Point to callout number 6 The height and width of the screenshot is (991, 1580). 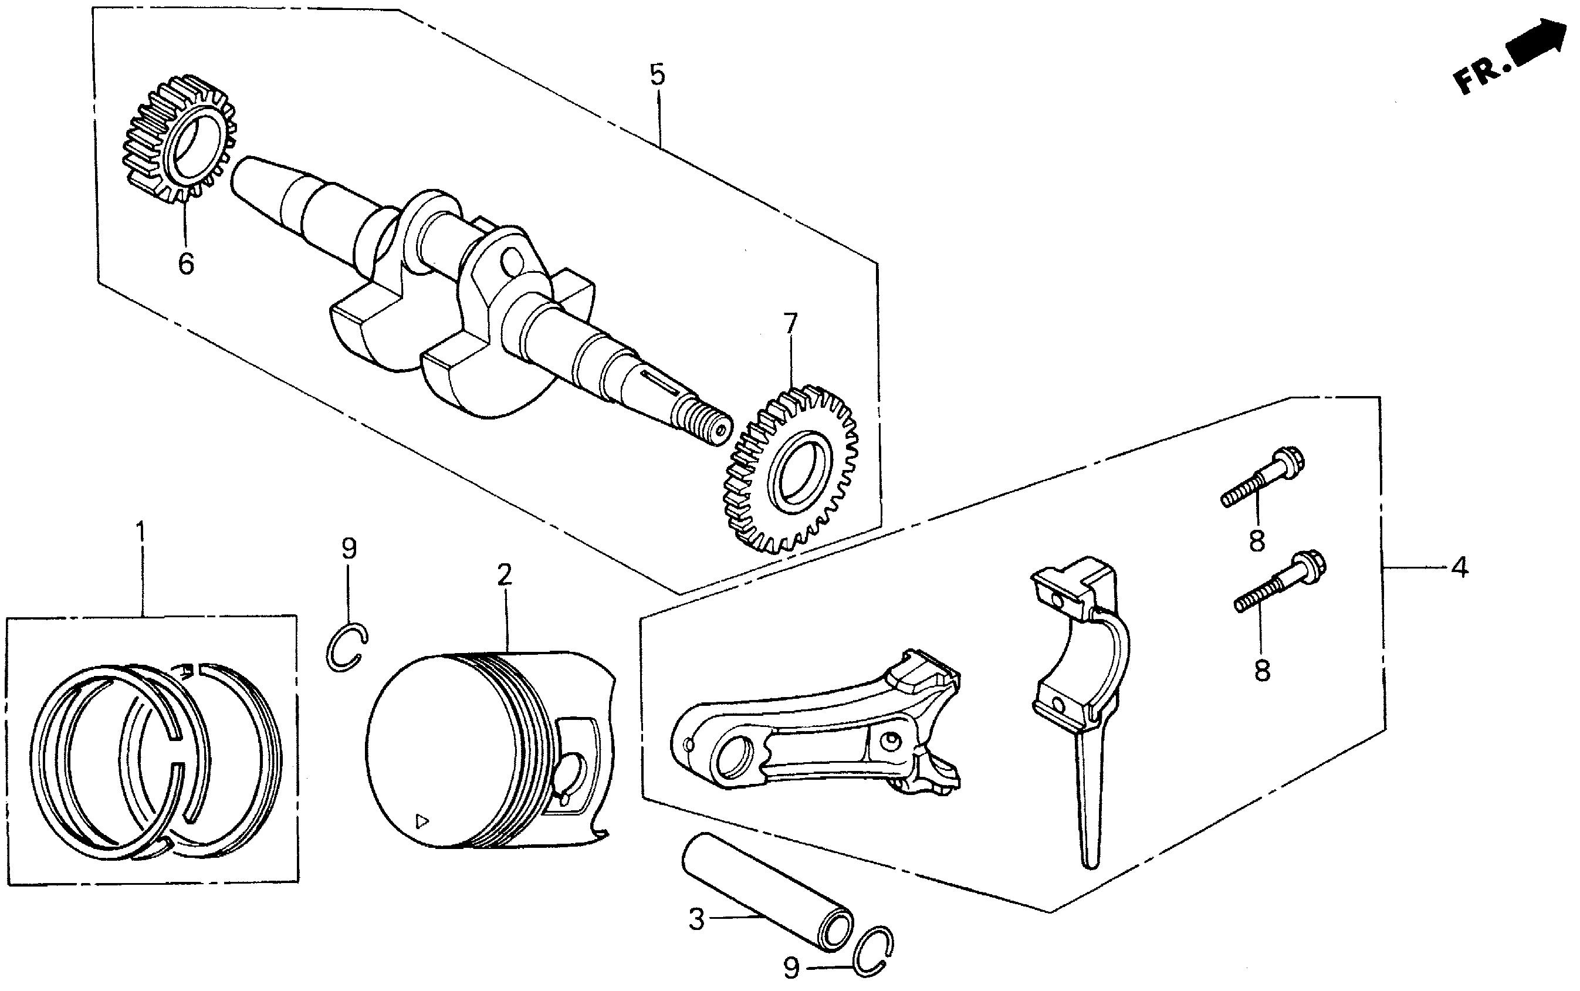click(x=186, y=264)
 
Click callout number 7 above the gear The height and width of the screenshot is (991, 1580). click(x=791, y=324)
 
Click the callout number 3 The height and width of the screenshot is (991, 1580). click(x=696, y=919)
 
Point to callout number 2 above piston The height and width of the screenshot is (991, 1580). click(x=503, y=575)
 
